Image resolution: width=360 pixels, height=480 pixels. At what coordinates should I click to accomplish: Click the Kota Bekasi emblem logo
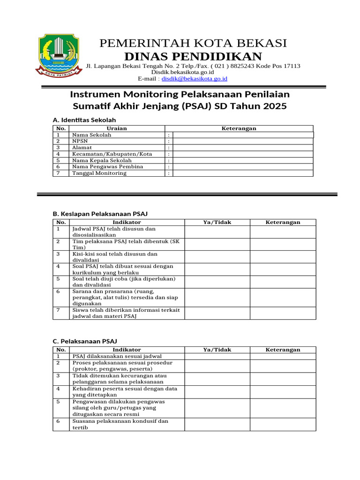[56, 54]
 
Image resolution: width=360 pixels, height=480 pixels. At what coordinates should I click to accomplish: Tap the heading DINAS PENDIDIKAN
[193, 57]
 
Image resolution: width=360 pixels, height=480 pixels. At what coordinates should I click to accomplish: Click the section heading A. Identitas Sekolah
[84, 120]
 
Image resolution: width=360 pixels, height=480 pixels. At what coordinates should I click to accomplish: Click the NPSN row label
[79, 141]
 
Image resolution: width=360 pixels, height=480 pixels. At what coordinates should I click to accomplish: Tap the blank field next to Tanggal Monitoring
[243, 173]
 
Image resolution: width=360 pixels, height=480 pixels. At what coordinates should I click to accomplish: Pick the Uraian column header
[117, 128]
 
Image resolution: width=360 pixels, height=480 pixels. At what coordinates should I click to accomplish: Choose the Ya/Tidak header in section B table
[217, 222]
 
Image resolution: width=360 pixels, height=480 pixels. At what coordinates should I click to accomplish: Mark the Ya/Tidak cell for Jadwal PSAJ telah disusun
[217, 232]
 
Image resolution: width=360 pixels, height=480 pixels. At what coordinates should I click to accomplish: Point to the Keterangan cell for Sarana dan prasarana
[283, 297]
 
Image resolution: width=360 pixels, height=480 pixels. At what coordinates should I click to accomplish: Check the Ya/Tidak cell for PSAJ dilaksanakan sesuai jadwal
[217, 356]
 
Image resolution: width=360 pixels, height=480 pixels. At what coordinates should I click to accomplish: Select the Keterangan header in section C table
[283, 350]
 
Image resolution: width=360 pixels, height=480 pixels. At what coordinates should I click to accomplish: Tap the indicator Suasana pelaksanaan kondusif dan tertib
[120, 424]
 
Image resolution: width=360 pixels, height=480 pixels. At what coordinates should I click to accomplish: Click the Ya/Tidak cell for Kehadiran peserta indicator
[217, 392]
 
